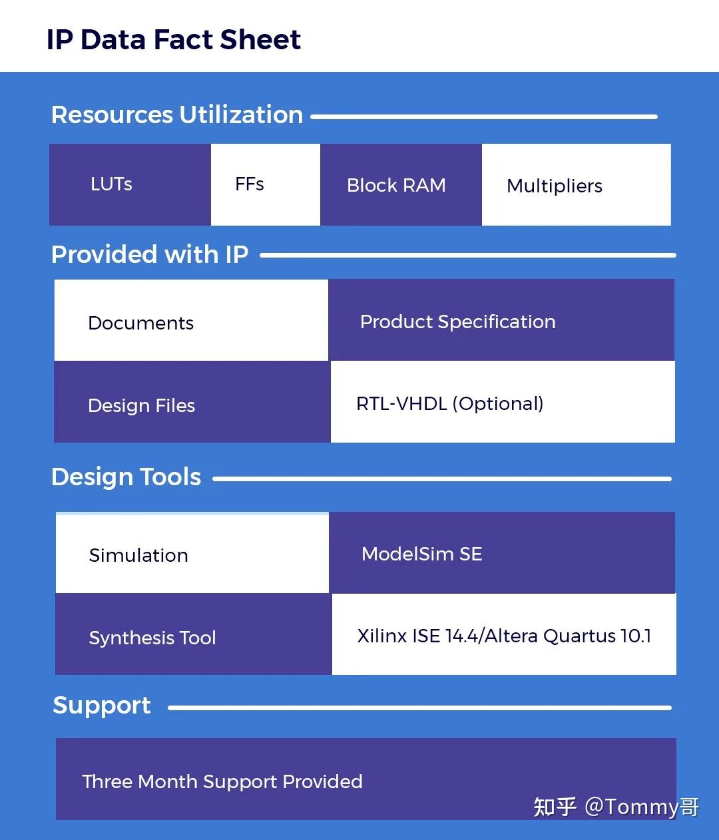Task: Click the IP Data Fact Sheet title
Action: point(173,40)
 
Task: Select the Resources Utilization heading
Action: point(177,115)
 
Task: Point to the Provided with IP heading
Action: point(150,254)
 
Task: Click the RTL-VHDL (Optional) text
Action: point(450,403)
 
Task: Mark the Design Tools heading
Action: point(126,477)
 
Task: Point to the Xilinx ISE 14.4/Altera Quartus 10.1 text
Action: point(504,636)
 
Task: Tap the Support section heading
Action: point(102,705)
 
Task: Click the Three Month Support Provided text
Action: point(222,781)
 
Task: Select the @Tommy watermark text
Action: point(641,807)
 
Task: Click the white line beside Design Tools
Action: point(441,479)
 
